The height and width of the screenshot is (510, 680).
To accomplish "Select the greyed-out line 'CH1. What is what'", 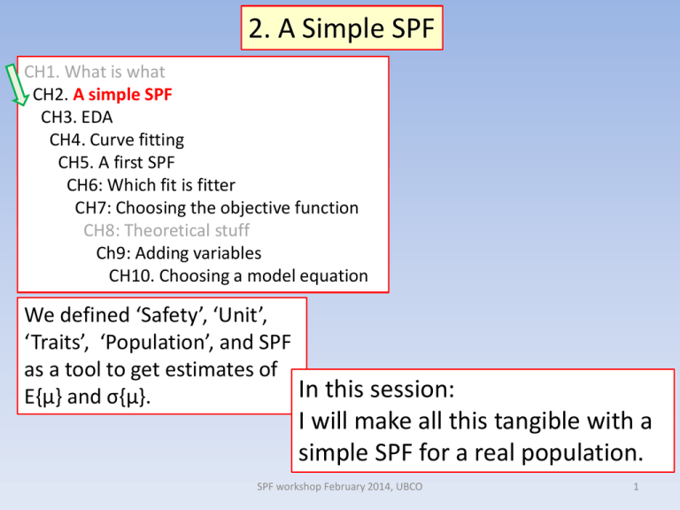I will (x=95, y=72).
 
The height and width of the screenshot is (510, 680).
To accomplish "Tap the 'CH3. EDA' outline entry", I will (x=77, y=116).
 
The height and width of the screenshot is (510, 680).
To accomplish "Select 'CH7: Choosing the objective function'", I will (x=217, y=208).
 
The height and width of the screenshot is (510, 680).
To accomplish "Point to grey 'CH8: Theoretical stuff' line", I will (x=167, y=231).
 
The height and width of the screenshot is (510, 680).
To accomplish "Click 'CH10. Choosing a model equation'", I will (x=238, y=276).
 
